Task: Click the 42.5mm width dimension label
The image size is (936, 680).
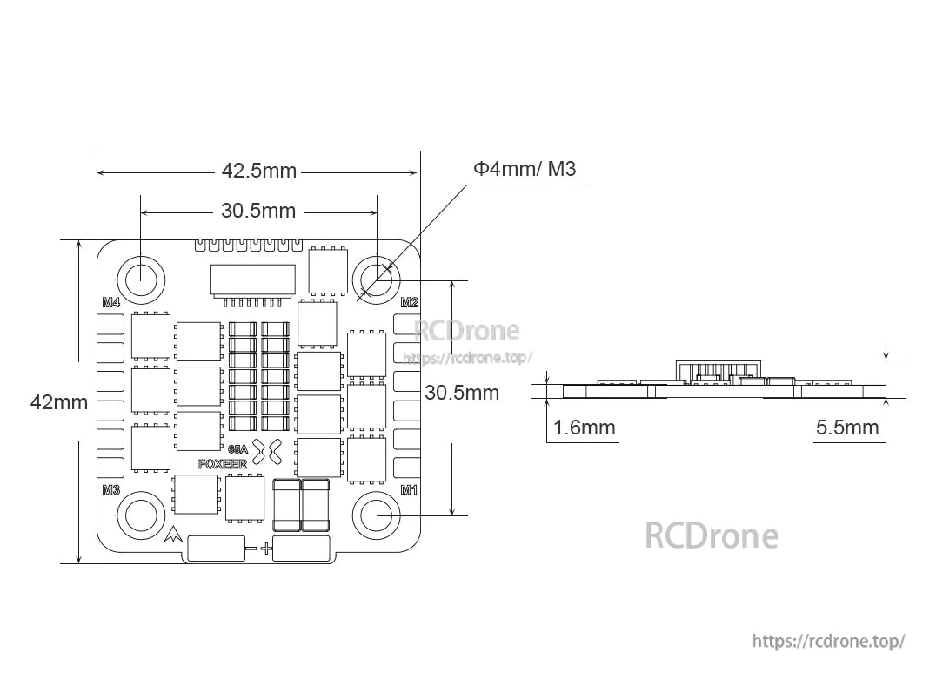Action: [x=258, y=172]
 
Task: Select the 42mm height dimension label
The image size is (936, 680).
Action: [x=59, y=402]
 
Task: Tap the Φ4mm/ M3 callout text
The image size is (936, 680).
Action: [x=525, y=169]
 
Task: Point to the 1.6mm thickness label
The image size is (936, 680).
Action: [x=584, y=428]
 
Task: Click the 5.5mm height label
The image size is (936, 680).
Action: [x=847, y=428]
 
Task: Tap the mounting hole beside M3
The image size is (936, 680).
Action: [x=141, y=515]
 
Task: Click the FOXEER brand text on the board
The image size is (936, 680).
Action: [x=223, y=464]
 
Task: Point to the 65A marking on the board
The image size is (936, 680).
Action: [x=237, y=449]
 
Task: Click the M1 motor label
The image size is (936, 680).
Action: [x=409, y=490]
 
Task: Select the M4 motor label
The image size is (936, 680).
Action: [x=110, y=303]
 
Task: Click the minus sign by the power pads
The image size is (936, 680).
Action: [x=251, y=549]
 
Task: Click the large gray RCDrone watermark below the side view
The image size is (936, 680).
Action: [x=711, y=535]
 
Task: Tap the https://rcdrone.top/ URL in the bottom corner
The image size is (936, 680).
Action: [x=828, y=641]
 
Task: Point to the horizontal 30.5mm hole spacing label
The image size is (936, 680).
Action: [x=258, y=211]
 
